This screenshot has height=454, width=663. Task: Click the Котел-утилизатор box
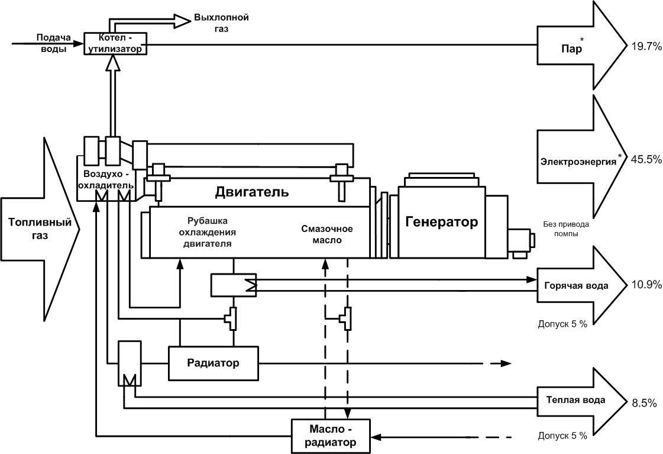[x=115, y=43]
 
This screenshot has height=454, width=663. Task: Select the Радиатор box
[x=214, y=363]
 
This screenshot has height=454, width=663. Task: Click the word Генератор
[x=441, y=223]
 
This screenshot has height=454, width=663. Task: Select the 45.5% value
[x=646, y=159]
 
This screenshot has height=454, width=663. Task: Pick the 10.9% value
[x=646, y=285]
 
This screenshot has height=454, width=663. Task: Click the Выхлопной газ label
[x=221, y=22]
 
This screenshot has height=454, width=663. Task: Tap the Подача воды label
[x=53, y=43]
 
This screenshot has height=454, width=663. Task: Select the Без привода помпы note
[x=565, y=228]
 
